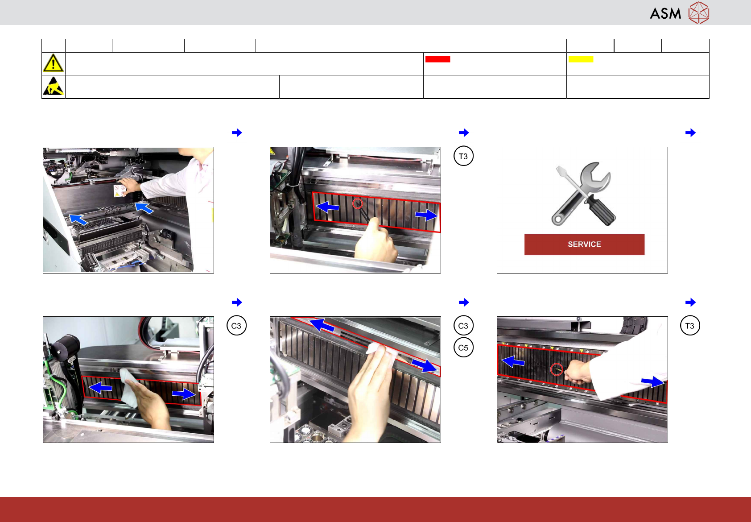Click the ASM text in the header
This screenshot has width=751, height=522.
[x=665, y=14]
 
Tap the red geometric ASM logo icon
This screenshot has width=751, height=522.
[x=699, y=13]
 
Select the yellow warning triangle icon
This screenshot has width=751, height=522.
[x=53, y=63]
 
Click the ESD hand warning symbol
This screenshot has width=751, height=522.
[x=54, y=86]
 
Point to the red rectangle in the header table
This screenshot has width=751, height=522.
[x=437, y=59]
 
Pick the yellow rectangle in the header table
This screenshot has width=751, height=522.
[x=581, y=59]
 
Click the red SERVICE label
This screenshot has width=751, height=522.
[x=584, y=244]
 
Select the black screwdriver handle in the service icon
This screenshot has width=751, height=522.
[x=601, y=210]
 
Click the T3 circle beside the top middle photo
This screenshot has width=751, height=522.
[x=463, y=156]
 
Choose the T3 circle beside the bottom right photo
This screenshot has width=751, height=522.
[x=690, y=325]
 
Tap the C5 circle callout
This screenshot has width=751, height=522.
[x=463, y=347]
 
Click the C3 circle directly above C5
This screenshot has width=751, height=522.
[x=463, y=325]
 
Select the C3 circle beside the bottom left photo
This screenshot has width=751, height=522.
[x=236, y=325]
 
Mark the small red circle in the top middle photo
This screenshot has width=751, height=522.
[x=358, y=203]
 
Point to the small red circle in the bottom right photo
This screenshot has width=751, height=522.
[x=557, y=369]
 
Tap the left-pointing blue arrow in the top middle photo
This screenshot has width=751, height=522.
[x=328, y=207]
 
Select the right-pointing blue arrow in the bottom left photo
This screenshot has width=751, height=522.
[x=183, y=394]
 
